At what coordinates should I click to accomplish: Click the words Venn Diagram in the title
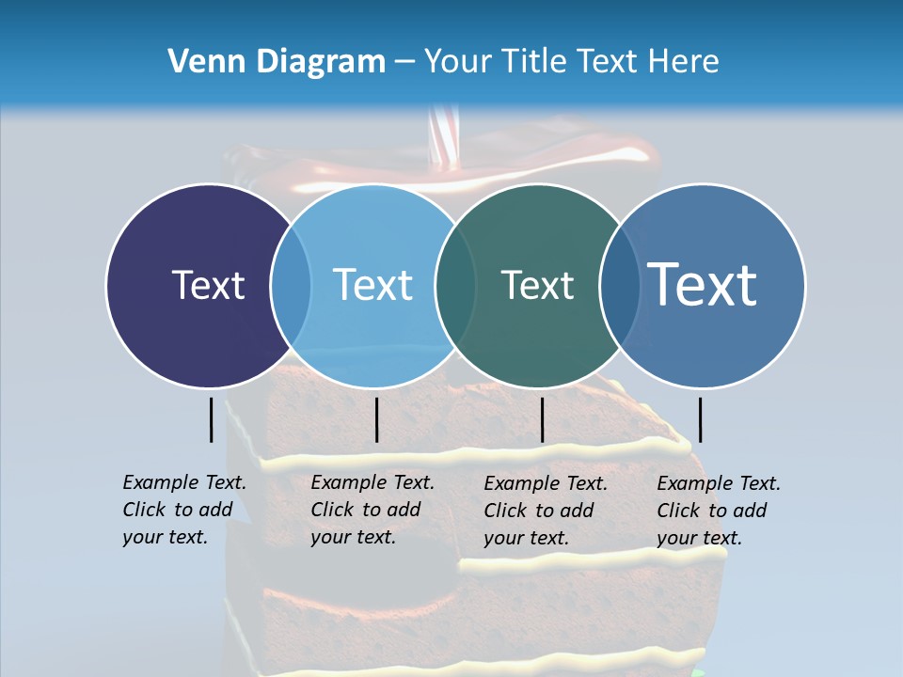[277, 62]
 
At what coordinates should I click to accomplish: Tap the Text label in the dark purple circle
[208, 285]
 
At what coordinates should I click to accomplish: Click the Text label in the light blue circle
[372, 285]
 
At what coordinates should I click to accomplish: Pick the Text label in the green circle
[537, 285]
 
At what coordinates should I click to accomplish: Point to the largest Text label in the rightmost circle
[702, 284]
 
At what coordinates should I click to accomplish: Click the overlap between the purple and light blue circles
[291, 286]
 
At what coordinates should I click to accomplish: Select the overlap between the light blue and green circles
[455, 286]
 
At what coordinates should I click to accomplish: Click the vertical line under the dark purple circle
[212, 419]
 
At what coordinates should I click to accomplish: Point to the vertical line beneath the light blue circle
[376, 419]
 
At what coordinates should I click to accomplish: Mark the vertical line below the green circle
[542, 419]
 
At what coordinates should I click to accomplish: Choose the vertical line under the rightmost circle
[700, 419]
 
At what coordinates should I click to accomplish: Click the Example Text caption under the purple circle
[183, 510]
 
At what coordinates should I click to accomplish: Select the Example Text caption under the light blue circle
[372, 510]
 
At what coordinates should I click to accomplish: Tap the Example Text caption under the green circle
[545, 511]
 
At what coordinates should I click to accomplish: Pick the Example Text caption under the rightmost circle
[718, 511]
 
